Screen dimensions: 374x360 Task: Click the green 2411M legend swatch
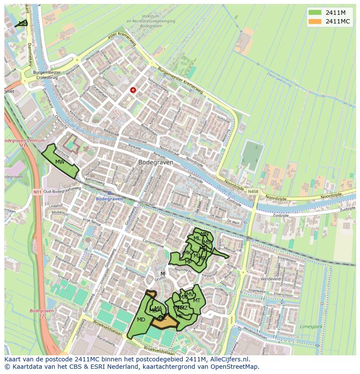[x=315, y=13]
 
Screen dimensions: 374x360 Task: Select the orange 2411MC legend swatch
[x=315, y=21]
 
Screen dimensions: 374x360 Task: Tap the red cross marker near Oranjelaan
[x=133, y=90]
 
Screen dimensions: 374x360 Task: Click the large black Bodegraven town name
[x=155, y=162]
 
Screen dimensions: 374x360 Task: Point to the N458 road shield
[x=253, y=191]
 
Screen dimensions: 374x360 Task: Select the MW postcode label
[x=60, y=162]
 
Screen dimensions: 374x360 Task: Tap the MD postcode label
[x=141, y=320]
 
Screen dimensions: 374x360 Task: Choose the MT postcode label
[x=197, y=301]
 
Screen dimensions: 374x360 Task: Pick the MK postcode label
[x=187, y=253]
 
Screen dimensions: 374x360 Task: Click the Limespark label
[x=311, y=326]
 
